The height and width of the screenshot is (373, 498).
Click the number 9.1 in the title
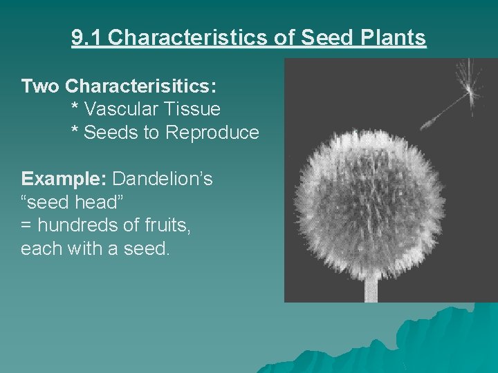[87, 37]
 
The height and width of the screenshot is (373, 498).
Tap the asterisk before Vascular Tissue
[75, 108]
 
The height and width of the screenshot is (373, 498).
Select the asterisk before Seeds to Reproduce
[75, 131]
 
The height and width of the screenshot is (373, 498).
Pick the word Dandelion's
[163, 179]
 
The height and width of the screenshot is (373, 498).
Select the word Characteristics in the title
[185, 37]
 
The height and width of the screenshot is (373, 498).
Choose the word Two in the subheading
[40, 86]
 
